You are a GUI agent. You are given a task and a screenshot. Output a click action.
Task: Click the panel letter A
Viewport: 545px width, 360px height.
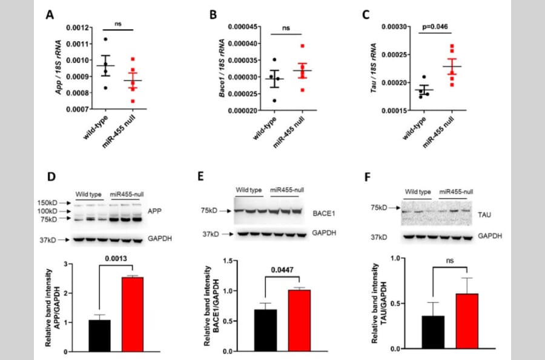point(50,14)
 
